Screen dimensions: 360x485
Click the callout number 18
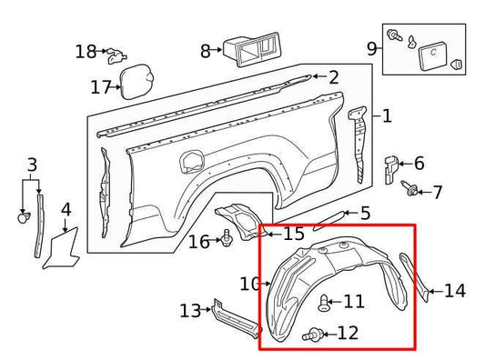coord(86,52)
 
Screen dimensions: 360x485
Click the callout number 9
coord(371,47)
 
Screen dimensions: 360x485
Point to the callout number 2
coord(333,78)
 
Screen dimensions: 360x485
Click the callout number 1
coord(387,116)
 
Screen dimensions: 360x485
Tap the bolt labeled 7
coord(411,191)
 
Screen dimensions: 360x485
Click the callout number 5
coord(365,214)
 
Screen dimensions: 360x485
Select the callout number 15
coord(293,235)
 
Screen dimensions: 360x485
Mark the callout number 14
coord(454,292)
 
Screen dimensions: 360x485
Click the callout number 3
coord(33,165)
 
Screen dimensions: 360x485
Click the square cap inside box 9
coord(430,57)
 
